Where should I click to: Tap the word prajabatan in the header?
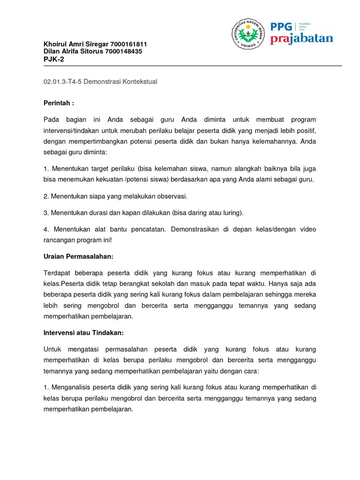(x=301, y=38)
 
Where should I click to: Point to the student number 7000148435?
(x=124, y=51)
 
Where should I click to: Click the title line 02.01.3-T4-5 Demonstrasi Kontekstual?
(x=100, y=82)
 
